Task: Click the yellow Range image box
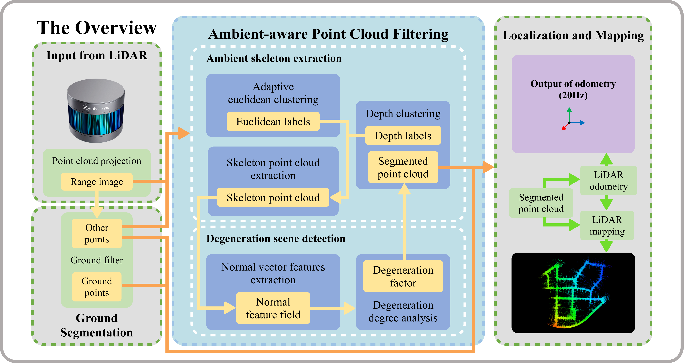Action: pyautogui.click(x=97, y=182)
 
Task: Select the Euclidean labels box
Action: pyautogui.click(x=273, y=121)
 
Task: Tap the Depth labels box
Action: pyautogui.click(x=403, y=135)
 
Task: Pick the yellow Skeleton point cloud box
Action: pyautogui.click(x=273, y=198)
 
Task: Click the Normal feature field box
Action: pyautogui.click(x=273, y=308)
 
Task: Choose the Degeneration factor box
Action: pyautogui.click(x=403, y=276)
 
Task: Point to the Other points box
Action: pyautogui.click(x=97, y=233)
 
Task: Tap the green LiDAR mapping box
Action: pyautogui.click(x=607, y=225)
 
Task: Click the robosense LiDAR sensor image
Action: pyautogui.click(x=96, y=111)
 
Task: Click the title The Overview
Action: pyautogui.click(x=97, y=28)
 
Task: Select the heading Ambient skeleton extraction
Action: pyautogui.click(x=274, y=58)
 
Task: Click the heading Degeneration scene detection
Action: pyautogui.click(x=276, y=239)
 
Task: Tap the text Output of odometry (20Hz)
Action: pyautogui.click(x=573, y=89)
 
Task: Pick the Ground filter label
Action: pyautogui.click(x=97, y=260)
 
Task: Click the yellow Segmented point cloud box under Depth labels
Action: pyautogui.click(x=403, y=167)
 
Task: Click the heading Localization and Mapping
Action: pyautogui.click(x=573, y=35)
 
